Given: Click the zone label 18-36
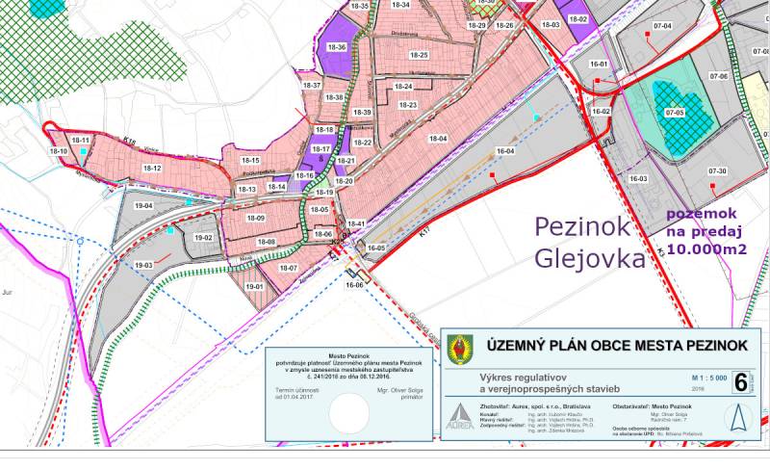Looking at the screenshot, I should pos(337,46).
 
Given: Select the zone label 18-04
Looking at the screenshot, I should pos(438,140).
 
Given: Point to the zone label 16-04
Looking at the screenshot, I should pos(505,151).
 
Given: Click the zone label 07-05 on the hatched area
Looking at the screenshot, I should pos(674,114).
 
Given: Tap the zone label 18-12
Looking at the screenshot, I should pos(152,168).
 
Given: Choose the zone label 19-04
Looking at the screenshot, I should pos(144,206).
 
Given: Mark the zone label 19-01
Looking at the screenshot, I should pos(255,286).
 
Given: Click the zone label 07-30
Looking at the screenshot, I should pos(716,171).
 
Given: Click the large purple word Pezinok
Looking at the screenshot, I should pos(584,228).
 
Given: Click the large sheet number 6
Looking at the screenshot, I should pos(740,381).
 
